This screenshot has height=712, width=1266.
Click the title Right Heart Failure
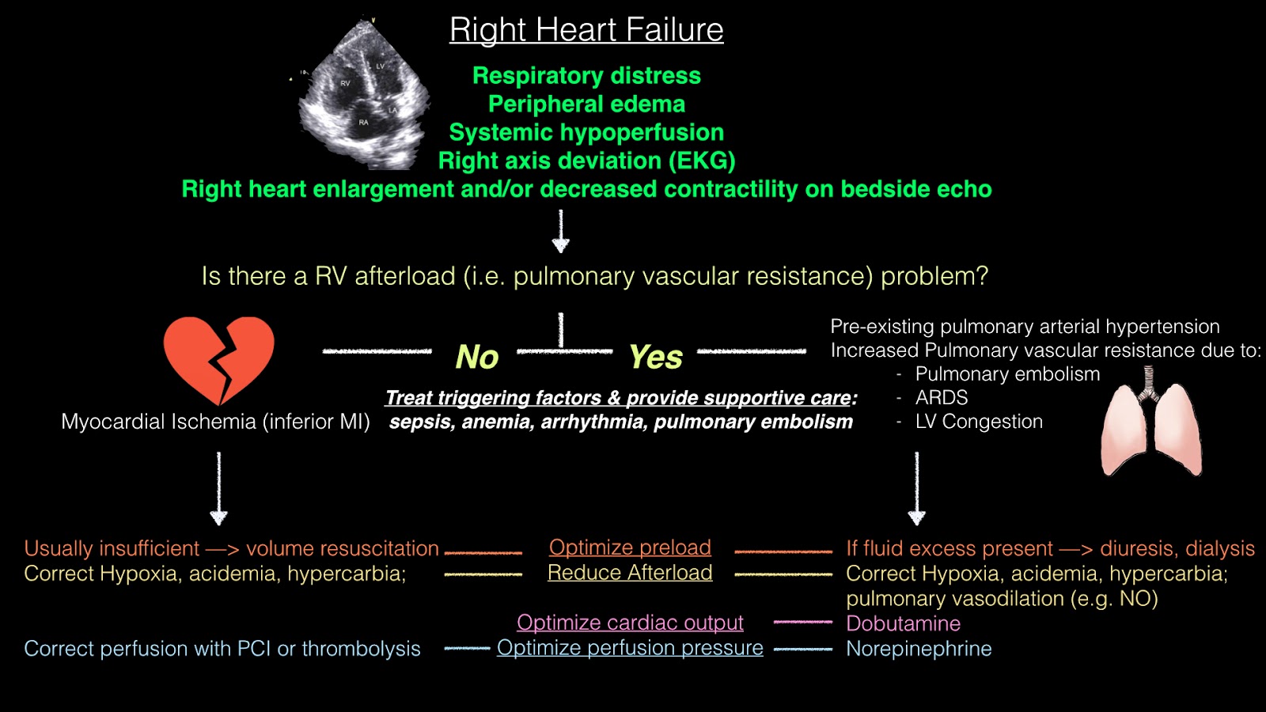586,30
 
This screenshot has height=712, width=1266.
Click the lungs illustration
1151,423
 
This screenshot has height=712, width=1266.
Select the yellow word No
477,358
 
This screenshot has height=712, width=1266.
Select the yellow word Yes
655,358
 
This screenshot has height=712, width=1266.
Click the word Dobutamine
903,623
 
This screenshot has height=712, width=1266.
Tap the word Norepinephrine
919,649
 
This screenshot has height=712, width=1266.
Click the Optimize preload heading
630,547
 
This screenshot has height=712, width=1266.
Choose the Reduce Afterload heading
630,573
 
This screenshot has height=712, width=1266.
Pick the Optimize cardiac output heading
630,623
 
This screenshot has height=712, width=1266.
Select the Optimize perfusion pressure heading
630,648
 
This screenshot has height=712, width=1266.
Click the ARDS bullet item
941,397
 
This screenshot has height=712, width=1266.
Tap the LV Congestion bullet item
979,422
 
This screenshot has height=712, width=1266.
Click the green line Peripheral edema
586,104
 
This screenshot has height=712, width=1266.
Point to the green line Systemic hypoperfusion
586,132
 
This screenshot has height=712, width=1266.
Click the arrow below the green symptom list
561,231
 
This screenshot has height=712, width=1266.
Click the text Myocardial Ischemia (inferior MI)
215,422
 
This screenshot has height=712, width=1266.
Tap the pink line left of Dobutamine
802,623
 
